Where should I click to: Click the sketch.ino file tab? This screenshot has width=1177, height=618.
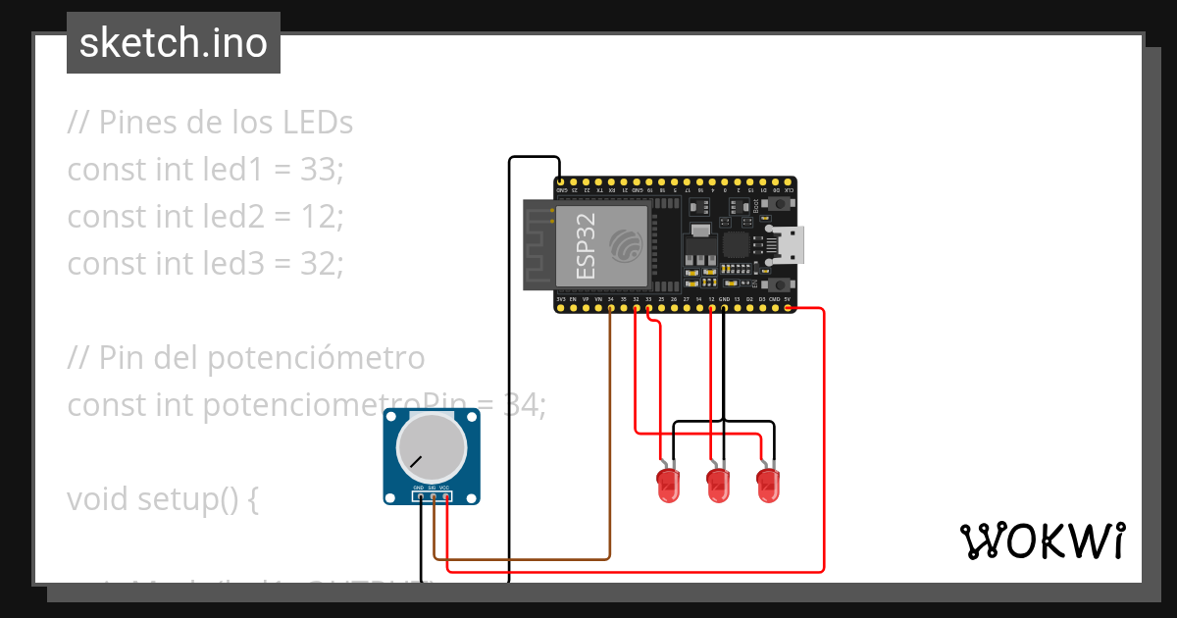[174, 43]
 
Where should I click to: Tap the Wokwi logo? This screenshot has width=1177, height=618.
[1042, 541]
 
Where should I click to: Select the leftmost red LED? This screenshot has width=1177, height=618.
[669, 486]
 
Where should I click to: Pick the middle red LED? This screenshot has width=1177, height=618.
[719, 486]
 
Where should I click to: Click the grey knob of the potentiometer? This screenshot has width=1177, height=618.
[431, 447]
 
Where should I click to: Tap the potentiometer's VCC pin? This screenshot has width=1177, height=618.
[445, 496]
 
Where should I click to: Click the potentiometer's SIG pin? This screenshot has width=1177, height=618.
[433, 496]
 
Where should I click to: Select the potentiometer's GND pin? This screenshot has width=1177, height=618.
[420, 496]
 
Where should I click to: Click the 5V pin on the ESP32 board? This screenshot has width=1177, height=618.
[788, 308]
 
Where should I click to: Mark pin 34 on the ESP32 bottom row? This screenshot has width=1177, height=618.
[610, 308]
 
